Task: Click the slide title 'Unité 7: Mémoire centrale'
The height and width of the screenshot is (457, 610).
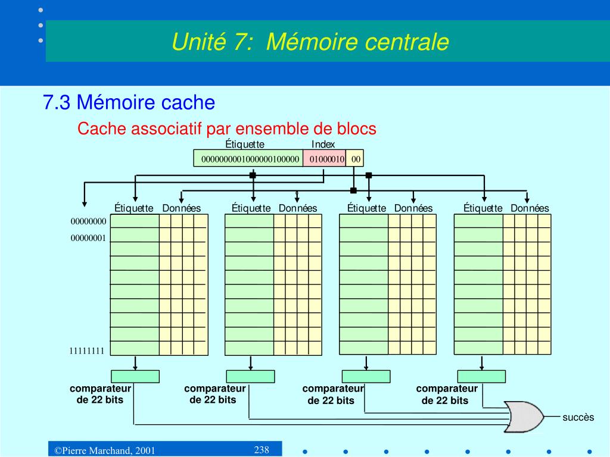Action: tap(310, 42)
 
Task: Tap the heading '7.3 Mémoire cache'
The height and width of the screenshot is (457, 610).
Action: tap(129, 102)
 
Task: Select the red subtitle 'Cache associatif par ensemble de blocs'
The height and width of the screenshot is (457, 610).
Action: tap(227, 129)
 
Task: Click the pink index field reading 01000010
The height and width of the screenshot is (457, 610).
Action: tap(325, 159)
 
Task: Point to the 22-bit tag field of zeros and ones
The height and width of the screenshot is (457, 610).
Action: tap(249, 159)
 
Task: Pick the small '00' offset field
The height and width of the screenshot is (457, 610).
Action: tap(356, 159)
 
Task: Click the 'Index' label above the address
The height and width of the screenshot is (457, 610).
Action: tap(323, 145)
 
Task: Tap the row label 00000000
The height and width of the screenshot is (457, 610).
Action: tap(88, 222)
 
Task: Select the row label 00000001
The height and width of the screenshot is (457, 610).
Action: tap(88, 237)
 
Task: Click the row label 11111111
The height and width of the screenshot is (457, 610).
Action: tap(87, 350)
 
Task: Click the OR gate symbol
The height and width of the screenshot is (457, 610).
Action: tap(523, 417)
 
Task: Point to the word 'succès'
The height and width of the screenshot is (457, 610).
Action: tap(578, 417)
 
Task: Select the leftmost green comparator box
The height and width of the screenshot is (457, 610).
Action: tap(135, 376)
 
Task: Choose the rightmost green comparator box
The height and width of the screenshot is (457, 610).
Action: tap(481, 376)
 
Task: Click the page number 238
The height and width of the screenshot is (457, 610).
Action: tap(262, 449)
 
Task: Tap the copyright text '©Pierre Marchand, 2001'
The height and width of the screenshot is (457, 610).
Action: tap(105, 450)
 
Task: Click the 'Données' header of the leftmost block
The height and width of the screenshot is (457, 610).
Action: tap(182, 208)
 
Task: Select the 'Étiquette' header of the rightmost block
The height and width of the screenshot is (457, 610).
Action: tap(483, 208)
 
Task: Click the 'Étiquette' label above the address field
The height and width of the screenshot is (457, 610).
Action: tap(245, 145)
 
